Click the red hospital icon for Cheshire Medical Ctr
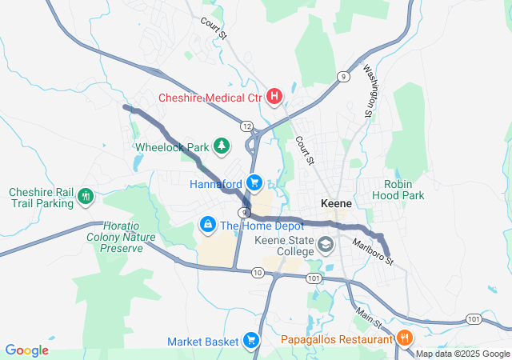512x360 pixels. pyautogui.click(x=274, y=98)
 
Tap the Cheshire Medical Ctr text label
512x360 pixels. pyautogui.click(x=210, y=98)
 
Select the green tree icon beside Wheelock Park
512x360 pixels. pyautogui.click(x=222, y=146)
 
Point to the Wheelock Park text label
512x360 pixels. pyautogui.click(x=171, y=147)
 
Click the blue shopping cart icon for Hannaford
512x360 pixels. pyautogui.click(x=254, y=184)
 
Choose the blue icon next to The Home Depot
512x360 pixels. pyautogui.click(x=208, y=225)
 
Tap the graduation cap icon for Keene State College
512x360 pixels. pyautogui.click(x=326, y=244)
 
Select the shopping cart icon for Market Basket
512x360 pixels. pyautogui.click(x=251, y=341)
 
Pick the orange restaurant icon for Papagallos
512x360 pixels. pyautogui.click(x=404, y=338)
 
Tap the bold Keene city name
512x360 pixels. pyautogui.click(x=336, y=203)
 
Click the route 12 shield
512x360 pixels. pyautogui.click(x=246, y=126)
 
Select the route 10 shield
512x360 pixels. pyautogui.click(x=257, y=274)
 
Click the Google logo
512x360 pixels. pyautogui.click(x=26, y=350)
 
